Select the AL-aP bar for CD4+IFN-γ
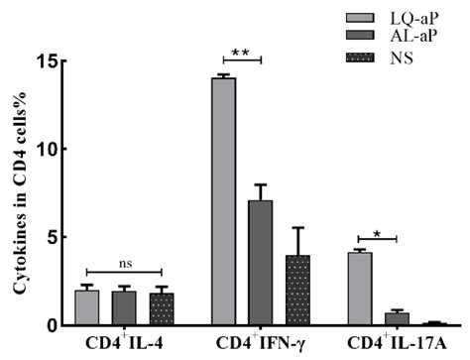click(260, 263)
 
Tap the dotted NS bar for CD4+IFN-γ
click(296, 290)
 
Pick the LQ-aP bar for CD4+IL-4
click(86, 307)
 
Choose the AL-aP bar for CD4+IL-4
click(124, 308)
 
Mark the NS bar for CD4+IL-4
click(161, 309)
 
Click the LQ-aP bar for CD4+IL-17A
click(359, 289)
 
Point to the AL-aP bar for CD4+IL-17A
click(396, 319)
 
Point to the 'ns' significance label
click(123, 265)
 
